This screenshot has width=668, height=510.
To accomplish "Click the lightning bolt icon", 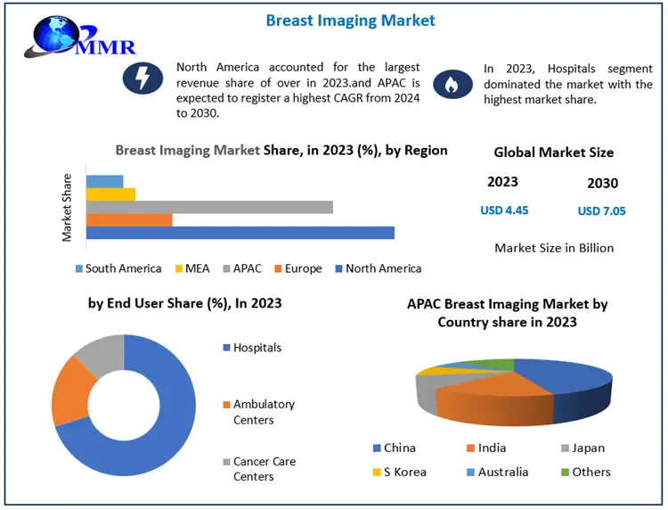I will tap(143, 79).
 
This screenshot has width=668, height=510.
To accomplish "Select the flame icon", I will tap(451, 85).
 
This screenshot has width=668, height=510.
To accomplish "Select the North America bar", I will tap(240, 233).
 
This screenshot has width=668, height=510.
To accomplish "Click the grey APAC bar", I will tap(209, 207).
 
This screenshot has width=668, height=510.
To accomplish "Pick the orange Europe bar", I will tap(129, 220).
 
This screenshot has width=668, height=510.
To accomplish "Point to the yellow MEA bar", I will tap(110, 194).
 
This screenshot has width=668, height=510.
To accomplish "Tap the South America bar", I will tap(104, 181).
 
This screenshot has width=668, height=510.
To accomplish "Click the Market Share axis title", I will tap(67, 207).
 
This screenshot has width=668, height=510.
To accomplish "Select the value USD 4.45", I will tap(504, 210).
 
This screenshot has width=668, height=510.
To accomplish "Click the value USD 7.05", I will tap(601, 211).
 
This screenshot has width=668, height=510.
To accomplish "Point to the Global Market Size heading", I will tap(553, 152).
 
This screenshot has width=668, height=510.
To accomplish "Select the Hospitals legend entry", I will tap(257, 348).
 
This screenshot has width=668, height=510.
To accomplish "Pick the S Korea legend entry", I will tap(403, 472).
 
